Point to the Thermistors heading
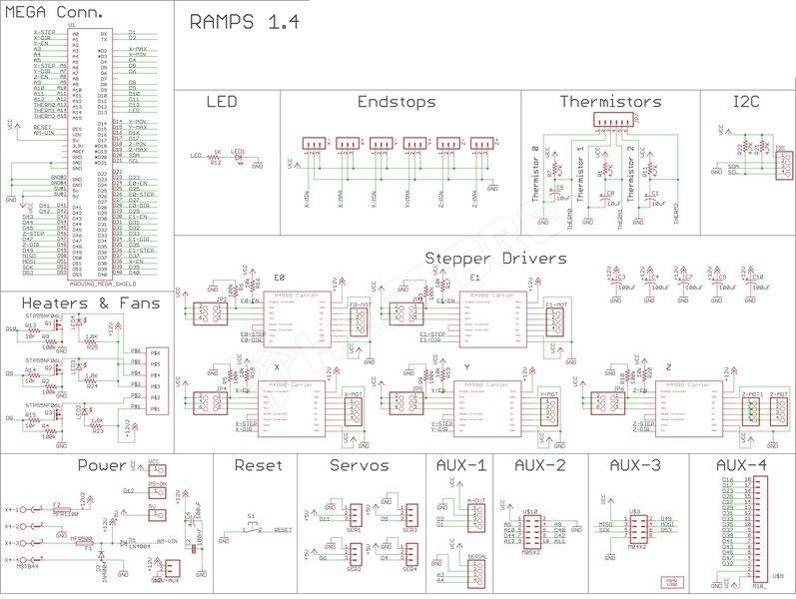pyautogui.click(x=610, y=102)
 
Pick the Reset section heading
pyautogui.click(x=259, y=465)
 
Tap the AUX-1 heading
pyautogui.click(x=461, y=465)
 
